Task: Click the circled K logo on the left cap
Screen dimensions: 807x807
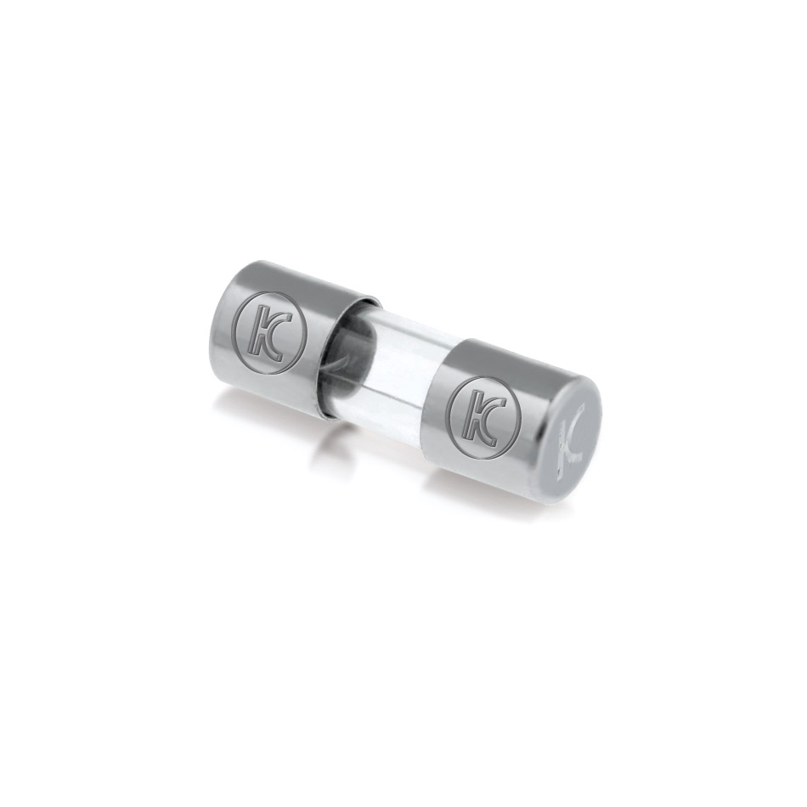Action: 269,331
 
